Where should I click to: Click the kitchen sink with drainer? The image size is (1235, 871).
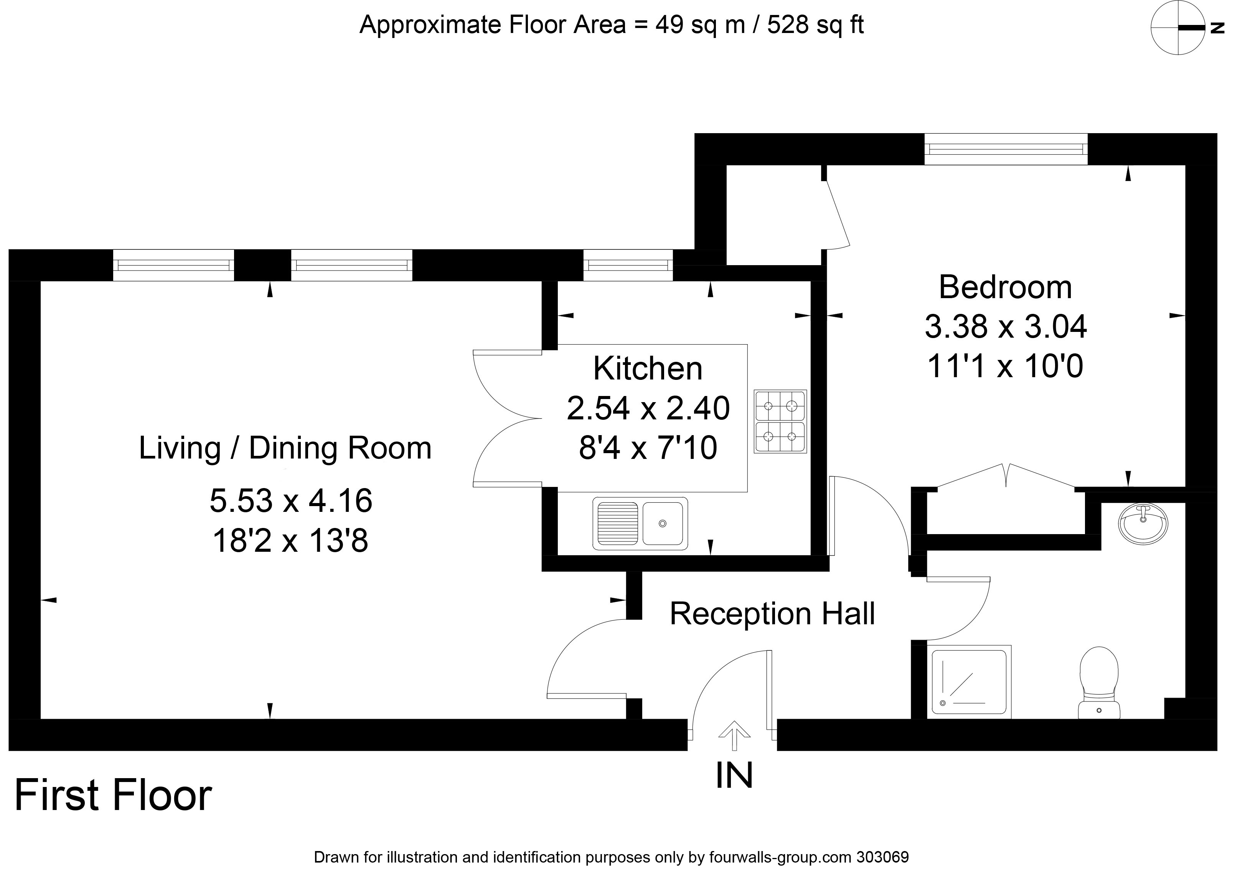pos(640,523)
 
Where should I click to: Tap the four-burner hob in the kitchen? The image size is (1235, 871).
pos(780,421)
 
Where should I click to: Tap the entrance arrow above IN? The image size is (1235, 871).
pos(734,736)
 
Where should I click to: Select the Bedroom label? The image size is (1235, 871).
pos(1005,287)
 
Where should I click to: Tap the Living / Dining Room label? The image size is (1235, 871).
pos(285,448)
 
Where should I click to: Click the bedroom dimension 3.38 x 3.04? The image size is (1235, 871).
pos(1005,327)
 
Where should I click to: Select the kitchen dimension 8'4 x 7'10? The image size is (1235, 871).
pos(648,448)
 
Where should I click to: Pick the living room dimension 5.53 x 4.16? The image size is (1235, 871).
pos(291,500)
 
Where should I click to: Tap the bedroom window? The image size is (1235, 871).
pos(1006,149)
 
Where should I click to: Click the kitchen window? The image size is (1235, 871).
pos(628,265)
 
